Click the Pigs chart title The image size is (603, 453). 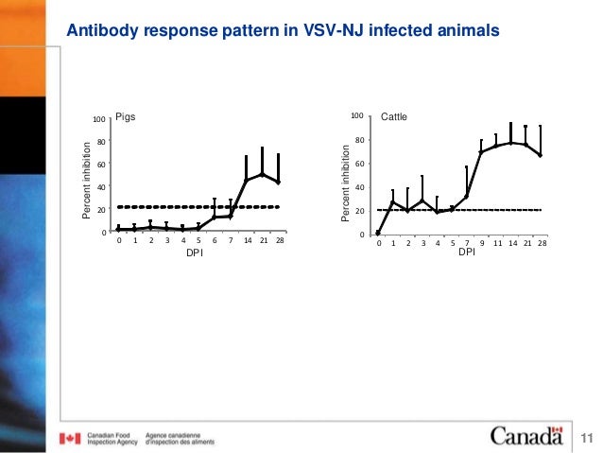click(x=126, y=118)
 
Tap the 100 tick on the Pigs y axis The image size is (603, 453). click(x=98, y=119)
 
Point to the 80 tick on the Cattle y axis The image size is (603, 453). click(x=358, y=141)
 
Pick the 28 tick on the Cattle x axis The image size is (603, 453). click(x=541, y=243)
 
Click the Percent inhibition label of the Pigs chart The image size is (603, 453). click(x=86, y=180)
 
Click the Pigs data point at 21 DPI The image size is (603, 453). click(x=262, y=174)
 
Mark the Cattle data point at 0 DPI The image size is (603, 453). click(x=378, y=233)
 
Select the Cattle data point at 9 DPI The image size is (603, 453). click(x=481, y=151)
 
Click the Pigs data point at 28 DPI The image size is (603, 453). click(x=278, y=183)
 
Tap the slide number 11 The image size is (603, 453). click(x=587, y=438)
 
